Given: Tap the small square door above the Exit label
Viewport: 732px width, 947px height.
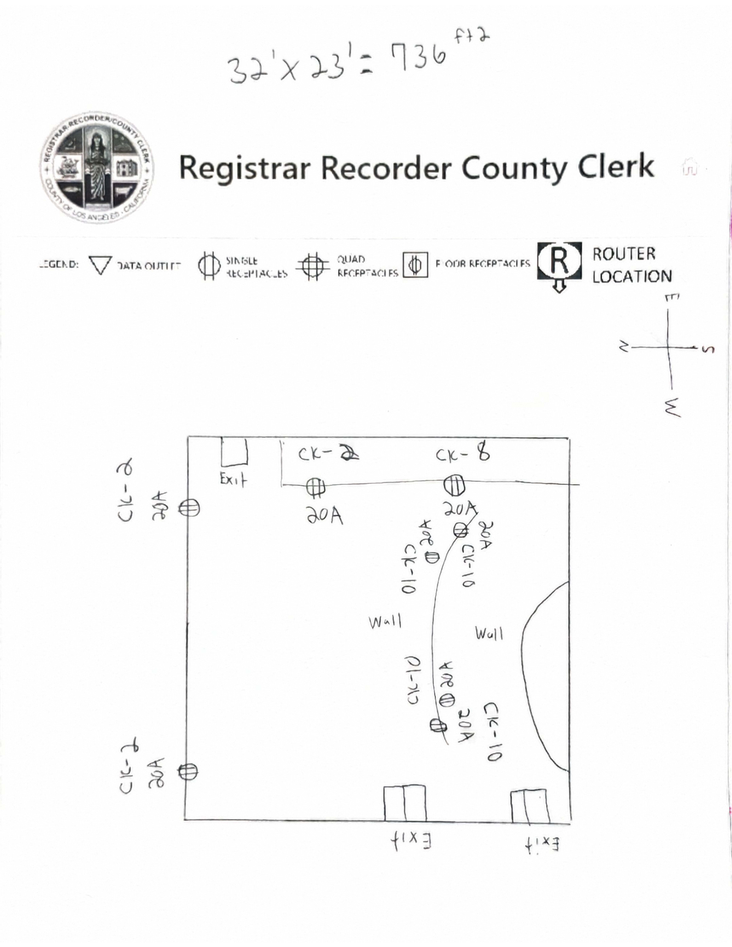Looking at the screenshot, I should (x=234, y=451).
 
